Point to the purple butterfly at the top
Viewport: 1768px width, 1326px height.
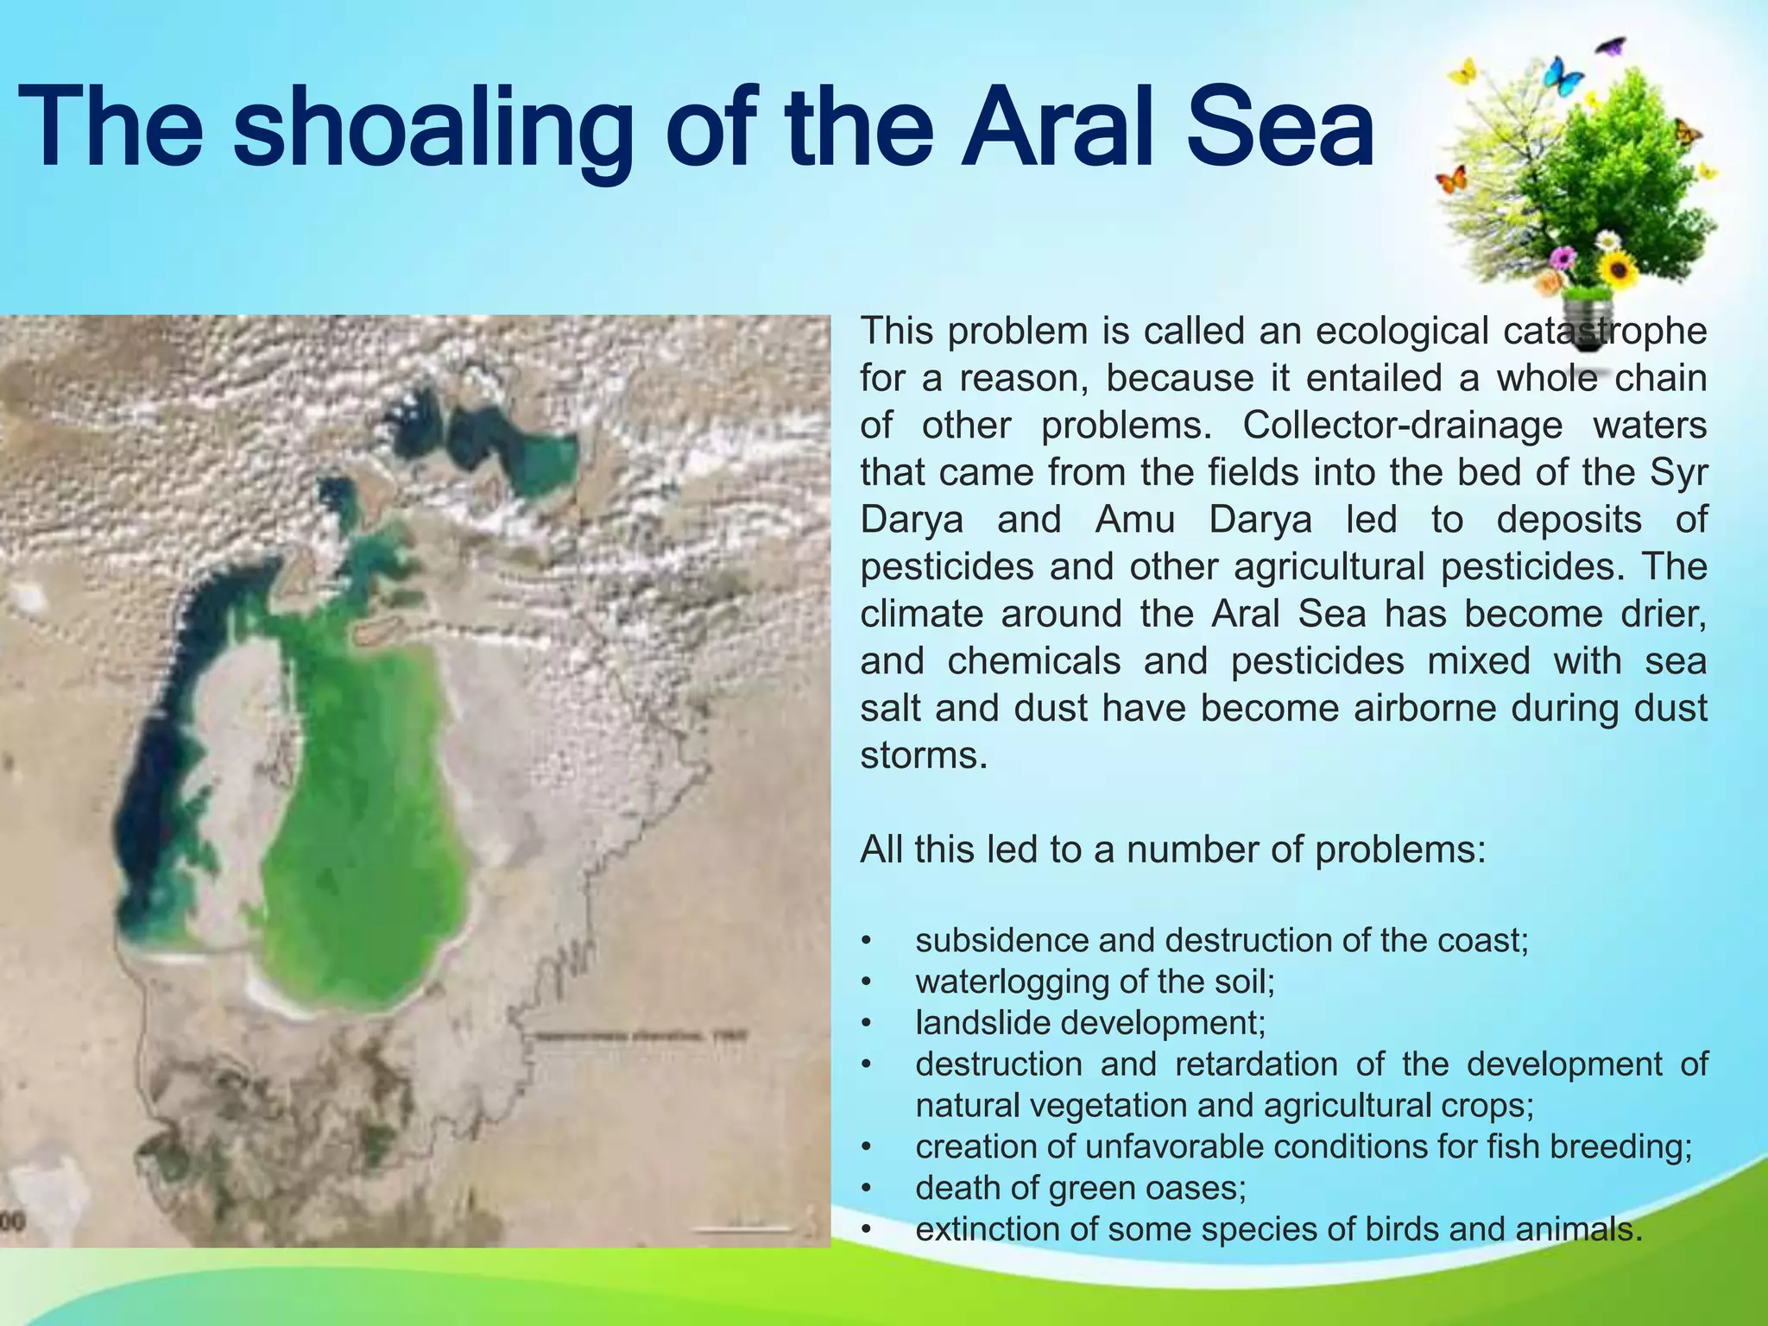click(x=1611, y=46)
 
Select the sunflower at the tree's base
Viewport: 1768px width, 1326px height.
click(x=1618, y=269)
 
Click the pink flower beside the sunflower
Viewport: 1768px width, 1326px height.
click(x=1563, y=257)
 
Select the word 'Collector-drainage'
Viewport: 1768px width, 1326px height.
click(x=1403, y=426)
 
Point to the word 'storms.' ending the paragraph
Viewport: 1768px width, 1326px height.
click(x=923, y=756)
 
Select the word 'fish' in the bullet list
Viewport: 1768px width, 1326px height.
click(x=1515, y=1147)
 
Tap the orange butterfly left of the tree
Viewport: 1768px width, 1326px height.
click(x=1451, y=180)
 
